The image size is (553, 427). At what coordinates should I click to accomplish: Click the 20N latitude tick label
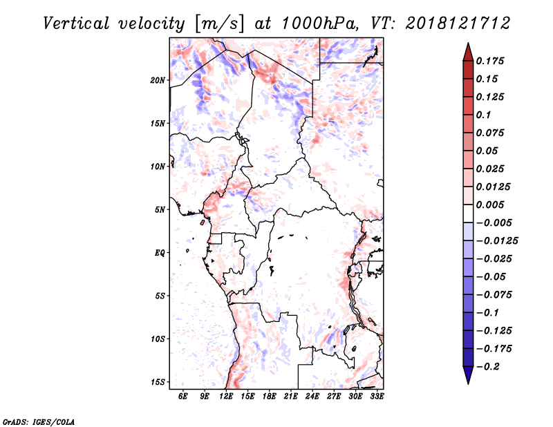pyautogui.click(x=158, y=80)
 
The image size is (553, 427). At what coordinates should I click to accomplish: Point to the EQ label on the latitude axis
pyautogui.click(x=160, y=253)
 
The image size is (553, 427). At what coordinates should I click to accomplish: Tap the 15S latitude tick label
pyautogui.click(x=158, y=382)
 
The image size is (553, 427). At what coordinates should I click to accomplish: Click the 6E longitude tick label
pyautogui.click(x=182, y=397)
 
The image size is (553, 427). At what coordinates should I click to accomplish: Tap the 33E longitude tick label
pyautogui.click(x=377, y=397)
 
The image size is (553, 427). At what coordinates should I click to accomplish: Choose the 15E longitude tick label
pyautogui.click(x=247, y=397)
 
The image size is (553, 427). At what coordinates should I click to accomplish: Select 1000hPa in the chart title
pyautogui.click(x=319, y=23)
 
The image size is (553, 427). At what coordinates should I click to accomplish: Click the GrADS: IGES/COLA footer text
pyautogui.click(x=38, y=421)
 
